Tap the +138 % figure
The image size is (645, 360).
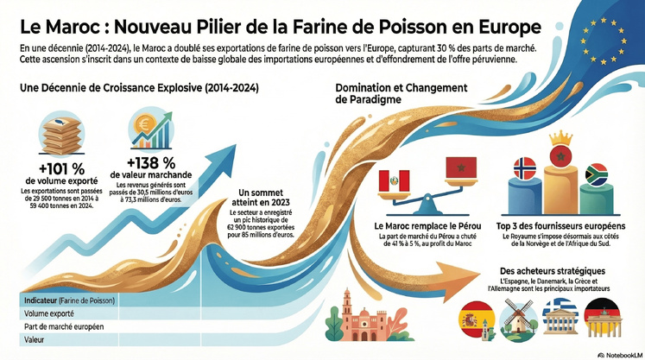[x=151, y=162]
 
